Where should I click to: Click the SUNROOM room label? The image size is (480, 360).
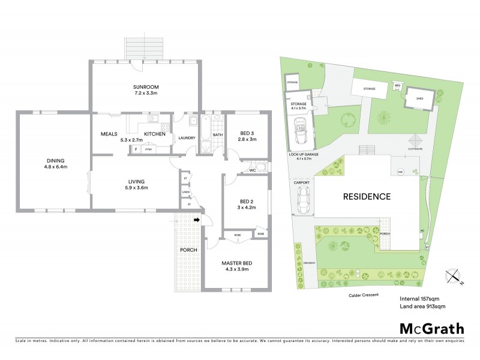point(145,86)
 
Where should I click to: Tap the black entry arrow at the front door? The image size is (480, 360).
point(196,220)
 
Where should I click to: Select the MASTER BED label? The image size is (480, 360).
point(236,263)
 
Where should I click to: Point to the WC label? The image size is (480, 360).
point(253,171)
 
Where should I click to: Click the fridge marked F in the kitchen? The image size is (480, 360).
point(136,148)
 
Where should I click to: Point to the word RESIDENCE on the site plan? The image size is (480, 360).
point(367,196)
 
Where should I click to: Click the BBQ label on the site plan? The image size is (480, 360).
point(397,85)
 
